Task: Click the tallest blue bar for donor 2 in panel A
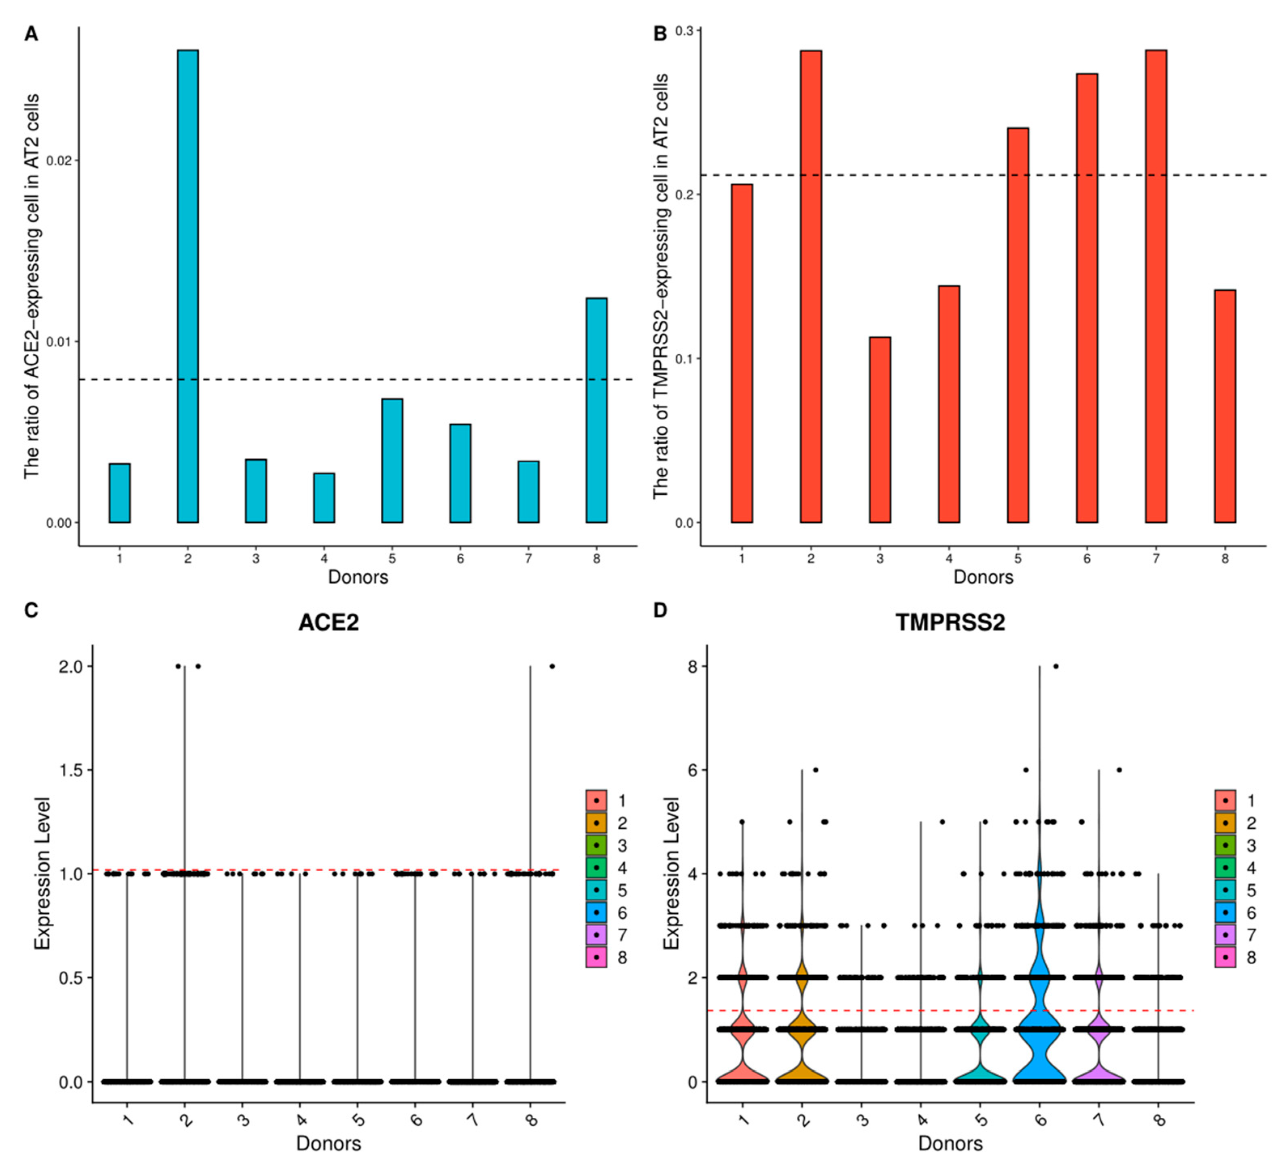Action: (188, 287)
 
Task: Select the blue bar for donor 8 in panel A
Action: (596, 411)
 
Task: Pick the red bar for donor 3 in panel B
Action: (880, 430)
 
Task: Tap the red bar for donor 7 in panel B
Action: (1156, 287)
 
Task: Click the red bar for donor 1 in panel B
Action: (742, 353)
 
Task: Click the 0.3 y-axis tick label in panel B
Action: (684, 30)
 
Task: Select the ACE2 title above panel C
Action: (329, 622)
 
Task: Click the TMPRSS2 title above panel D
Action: (950, 622)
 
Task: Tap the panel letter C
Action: (31, 610)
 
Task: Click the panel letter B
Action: (660, 34)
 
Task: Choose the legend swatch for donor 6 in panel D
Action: (1225, 913)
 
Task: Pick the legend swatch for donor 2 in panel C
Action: (596, 823)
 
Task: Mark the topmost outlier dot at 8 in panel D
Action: (1056, 666)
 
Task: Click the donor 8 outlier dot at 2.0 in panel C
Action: (552, 666)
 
